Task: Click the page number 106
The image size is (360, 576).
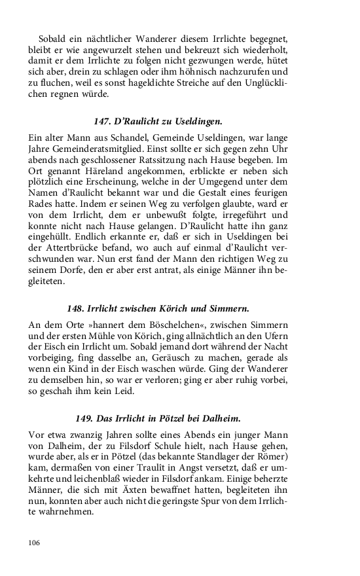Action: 35,543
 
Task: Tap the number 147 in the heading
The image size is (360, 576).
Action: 103,121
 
